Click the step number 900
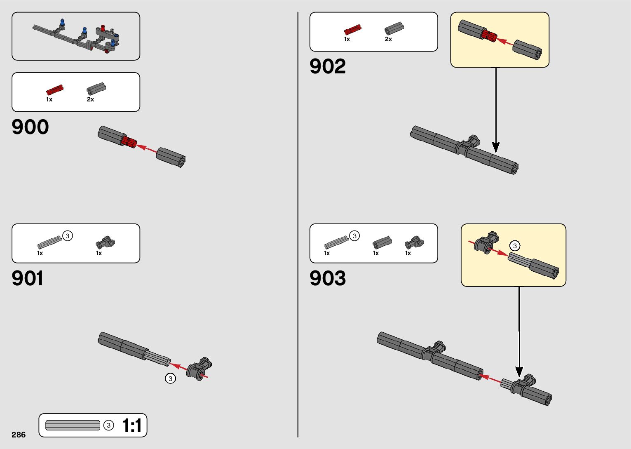click(x=30, y=127)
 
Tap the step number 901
click(x=28, y=278)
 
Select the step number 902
click(x=328, y=66)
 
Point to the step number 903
click(x=328, y=278)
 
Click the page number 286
click(x=19, y=435)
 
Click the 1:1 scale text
click(x=132, y=425)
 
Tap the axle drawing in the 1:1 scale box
click(x=73, y=425)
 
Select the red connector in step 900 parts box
click(x=54, y=89)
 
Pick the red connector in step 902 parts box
click(x=352, y=29)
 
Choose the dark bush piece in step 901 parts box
click(x=106, y=242)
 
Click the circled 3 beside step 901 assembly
click(x=170, y=378)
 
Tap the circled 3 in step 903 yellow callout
click(x=514, y=246)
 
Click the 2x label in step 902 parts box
click(x=388, y=39)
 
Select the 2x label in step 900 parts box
click(x=90, y=99)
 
